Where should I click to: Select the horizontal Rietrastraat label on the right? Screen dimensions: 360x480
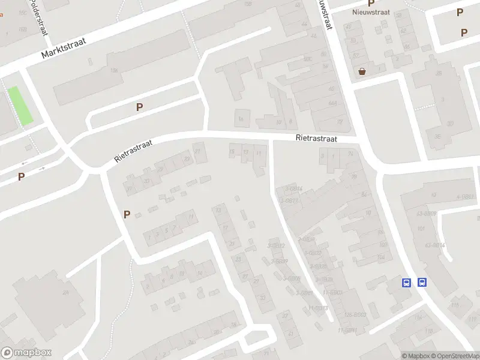pos(316,138)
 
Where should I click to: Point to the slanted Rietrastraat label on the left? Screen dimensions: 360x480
pos(134,151)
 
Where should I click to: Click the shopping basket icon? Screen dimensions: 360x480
pos(362,71)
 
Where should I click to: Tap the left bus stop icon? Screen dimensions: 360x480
pos(407,283)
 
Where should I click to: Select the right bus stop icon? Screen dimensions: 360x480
pos(422,283)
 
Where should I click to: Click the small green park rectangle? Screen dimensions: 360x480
pos(20,106)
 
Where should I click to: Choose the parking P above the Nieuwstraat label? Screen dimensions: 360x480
pos(371,3)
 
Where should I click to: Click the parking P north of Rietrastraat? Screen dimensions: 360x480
pos(139,107)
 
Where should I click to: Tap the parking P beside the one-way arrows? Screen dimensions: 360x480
pos(21,176)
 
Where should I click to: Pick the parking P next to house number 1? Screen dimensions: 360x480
pos(127,214)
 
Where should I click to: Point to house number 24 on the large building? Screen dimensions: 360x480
pos(65,292)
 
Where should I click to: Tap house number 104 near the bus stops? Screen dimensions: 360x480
pos(380,257)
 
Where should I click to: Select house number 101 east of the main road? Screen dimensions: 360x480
pos(421,229)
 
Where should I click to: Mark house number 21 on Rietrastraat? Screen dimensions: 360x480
pos(197,151)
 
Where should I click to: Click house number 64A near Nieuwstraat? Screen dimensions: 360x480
pos(332,103)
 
